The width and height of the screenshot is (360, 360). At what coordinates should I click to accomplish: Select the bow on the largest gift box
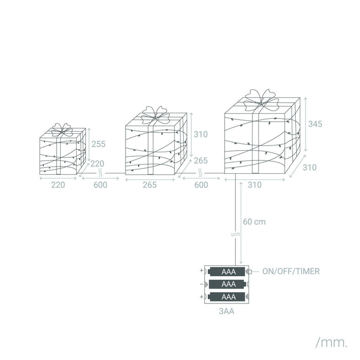pos(261,99)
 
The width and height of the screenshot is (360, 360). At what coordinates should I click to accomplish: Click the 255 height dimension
pos(99,143)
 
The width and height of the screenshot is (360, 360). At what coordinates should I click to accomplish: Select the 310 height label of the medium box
pos(201,134)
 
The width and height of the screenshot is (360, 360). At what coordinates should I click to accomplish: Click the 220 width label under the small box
pos(58,185)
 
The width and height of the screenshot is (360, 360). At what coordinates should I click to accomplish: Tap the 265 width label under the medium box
pos(150,185)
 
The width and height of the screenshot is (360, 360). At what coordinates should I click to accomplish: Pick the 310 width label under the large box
pos(255,185)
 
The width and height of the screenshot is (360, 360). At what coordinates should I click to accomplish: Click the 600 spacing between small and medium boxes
pos(100,185)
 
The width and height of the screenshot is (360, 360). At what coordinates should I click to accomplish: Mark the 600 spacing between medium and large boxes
pos(201,185)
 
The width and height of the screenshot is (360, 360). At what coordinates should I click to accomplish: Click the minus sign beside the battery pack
pos(201,284)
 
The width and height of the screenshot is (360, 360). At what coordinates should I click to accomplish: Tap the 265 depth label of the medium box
pos(201,161)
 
